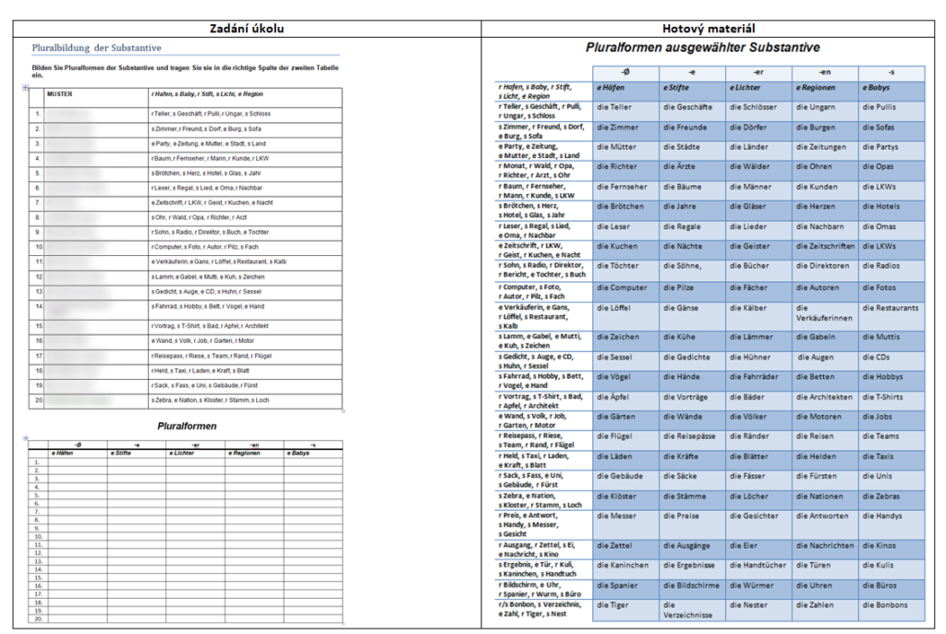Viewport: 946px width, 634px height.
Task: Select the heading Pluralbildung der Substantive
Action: point(97,47)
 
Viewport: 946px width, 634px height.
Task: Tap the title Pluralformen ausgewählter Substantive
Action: point(702,47)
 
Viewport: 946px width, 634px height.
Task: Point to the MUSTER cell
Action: point(60,93)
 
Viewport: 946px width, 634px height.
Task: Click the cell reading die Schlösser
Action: point(752,107)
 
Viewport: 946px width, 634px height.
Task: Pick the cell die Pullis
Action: point(879,107)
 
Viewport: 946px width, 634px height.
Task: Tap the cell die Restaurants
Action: point(891,308)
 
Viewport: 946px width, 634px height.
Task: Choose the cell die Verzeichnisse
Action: point(688,610)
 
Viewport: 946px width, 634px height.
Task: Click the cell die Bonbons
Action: point(885,605)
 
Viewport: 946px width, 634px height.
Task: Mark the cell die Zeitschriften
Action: point(825,247)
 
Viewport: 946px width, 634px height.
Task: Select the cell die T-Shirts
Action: point(883,397)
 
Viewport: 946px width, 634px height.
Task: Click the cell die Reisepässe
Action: point(689,436)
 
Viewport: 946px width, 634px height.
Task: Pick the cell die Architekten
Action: point(824,397)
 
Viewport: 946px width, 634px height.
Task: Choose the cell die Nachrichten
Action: point(824,546)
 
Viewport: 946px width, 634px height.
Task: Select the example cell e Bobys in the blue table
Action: point(879,88)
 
